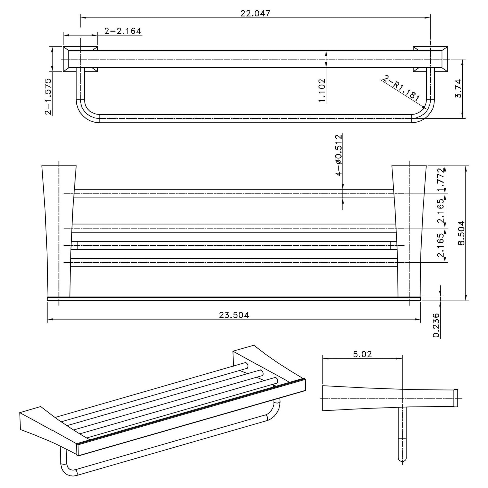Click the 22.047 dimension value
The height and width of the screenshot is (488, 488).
click(255, 13)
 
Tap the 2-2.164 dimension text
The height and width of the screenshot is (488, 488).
click(123, 31)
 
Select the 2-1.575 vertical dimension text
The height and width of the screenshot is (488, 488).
click(48, 97)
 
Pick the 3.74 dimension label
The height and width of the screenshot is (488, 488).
click(458, 89)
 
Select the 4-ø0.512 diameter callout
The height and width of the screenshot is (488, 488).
click(339, 155)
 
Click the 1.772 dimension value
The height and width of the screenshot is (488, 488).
click(441, 180)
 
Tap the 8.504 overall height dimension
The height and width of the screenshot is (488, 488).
click(461, 233)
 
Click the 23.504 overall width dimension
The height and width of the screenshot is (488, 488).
click(234, 315)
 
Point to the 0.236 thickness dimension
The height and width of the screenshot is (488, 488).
click(436, 325)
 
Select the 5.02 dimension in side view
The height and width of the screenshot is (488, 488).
click(362, 354)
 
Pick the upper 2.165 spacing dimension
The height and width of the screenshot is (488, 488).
click(441, 210)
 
